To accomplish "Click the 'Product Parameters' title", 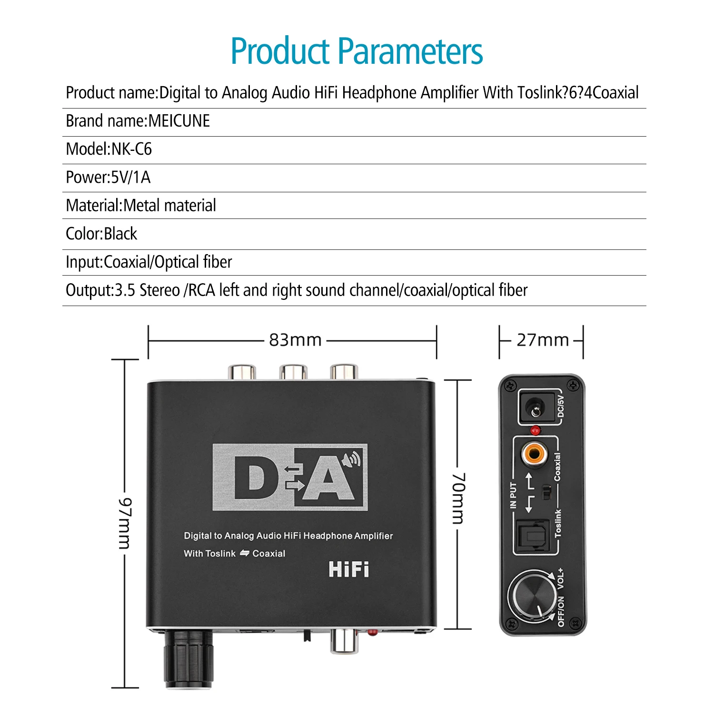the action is point(357,51).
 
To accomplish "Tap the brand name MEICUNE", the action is point(179,121).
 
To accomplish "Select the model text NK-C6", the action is point(131,149).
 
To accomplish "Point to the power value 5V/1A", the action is point(130,177).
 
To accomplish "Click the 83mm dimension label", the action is point(295,340).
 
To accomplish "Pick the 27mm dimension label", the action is point(543,340).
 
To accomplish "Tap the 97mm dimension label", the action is point(125,523).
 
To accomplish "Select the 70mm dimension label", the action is point(458,498).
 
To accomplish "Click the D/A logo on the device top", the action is point(290,477).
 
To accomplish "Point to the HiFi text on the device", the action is point(348,569).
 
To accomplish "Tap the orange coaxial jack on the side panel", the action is point(534,453).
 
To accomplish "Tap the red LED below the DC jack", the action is point(535,430).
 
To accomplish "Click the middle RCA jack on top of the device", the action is point(293,372).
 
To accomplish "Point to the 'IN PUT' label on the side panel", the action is point(513,495).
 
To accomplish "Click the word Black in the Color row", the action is point(120,234).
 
